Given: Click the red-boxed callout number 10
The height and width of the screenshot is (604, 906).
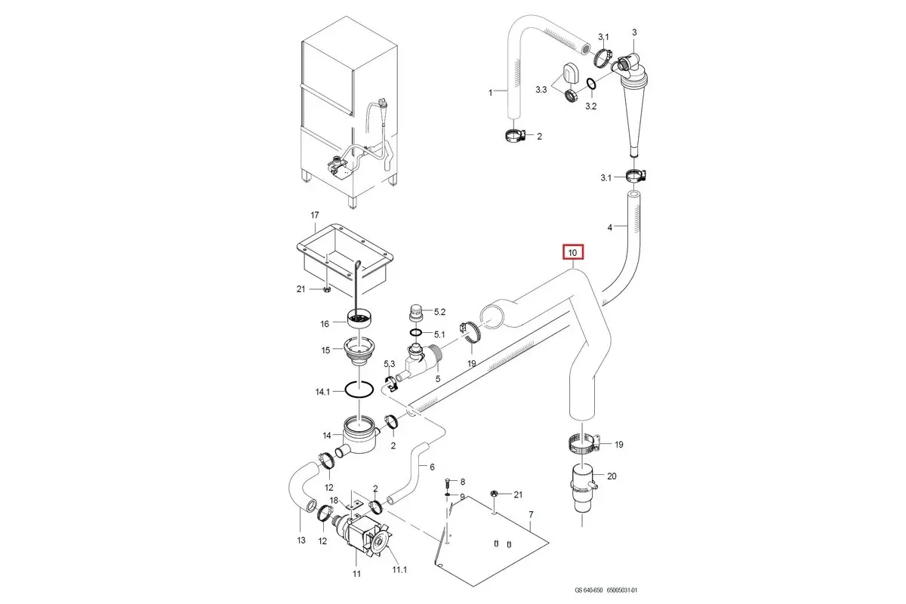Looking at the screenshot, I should (572, 251).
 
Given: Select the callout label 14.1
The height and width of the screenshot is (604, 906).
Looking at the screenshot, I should (322, 392).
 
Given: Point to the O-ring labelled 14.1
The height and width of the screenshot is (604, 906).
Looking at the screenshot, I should (359, 390).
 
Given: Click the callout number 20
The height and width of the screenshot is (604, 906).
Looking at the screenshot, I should (612, 476).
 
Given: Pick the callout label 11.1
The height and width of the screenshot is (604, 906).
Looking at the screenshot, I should (399, 569).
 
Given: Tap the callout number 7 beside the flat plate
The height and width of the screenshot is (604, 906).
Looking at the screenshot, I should (531, 514).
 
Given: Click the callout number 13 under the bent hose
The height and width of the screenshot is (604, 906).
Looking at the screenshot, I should (300, 540).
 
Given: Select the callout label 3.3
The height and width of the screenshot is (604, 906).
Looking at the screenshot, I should (541, 90).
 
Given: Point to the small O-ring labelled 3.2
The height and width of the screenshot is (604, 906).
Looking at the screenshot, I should (590, 83).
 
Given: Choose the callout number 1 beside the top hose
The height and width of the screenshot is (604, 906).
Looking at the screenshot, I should (490, 92).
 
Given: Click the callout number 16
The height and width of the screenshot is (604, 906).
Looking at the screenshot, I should (325, 323).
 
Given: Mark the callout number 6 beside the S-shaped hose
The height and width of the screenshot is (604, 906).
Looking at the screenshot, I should (432, 467).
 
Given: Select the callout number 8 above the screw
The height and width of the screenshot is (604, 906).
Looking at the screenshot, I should (463, 481).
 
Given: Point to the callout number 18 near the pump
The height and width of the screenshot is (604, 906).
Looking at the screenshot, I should (333, 501).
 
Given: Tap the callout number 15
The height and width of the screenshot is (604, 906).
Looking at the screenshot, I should (326, 350).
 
